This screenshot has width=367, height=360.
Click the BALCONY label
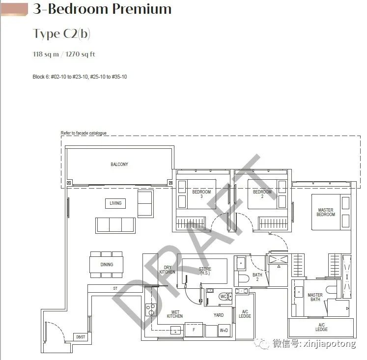click(119, 165)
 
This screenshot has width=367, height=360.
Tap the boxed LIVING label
click(115, 203)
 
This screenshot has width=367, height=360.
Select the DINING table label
click(107, 265)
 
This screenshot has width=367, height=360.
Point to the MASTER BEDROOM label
click(326, 212)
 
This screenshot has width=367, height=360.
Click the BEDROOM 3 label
click(201, 194)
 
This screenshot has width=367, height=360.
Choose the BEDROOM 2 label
click(262, 194)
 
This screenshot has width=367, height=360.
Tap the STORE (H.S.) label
click(205, 271)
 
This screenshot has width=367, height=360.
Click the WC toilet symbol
click(224, 297)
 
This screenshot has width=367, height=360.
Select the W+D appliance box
click(224, 331)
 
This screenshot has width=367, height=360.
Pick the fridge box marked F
click(194, 330)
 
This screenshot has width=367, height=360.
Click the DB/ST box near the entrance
click(81, 337)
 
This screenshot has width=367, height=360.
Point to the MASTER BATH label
click(315, 297)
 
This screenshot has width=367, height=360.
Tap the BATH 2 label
click(257, 277)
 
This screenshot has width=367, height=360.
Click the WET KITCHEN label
click(175, 314)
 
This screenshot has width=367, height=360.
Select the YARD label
click(219, 315)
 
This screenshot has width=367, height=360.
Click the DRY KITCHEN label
click(167, 270)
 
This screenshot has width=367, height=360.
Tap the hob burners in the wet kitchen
click(151, 310)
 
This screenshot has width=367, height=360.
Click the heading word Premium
click(142, 9)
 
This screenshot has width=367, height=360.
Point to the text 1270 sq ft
click(80, 54)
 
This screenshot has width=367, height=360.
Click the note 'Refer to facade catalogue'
click(84, 133)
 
